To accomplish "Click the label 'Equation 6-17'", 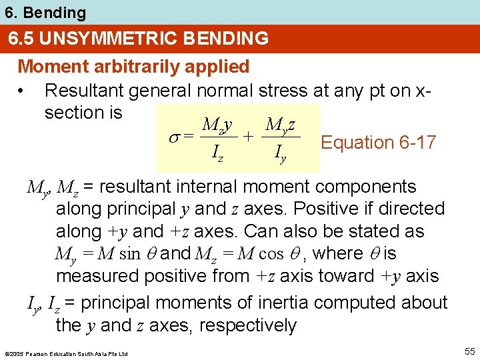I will tap(378, 142).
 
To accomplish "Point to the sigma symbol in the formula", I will tap(171, 135).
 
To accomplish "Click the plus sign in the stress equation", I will tap(247, 135).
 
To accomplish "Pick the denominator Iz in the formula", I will tap(217, 155).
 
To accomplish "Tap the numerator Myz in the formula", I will tap(281, 124).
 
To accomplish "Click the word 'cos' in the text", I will tap(271, 254).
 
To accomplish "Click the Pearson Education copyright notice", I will tap(65, 353).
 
